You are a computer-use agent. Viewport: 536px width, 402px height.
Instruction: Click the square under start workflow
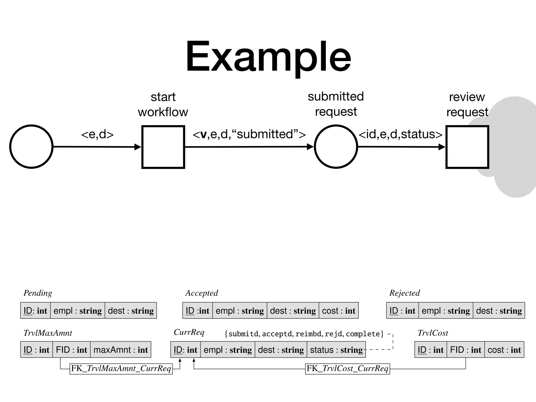coord(163,147)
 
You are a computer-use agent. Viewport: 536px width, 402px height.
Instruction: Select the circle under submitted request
coord(336,147)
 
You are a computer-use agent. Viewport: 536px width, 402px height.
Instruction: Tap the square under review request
coord(467,147)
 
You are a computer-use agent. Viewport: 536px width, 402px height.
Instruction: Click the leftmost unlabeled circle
coord(31,147)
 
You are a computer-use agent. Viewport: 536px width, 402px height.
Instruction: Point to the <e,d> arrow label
coord(97,134)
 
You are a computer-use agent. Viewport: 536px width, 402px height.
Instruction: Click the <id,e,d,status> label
coord(400,134)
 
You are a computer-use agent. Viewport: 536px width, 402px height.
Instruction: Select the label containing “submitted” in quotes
coord(249,134)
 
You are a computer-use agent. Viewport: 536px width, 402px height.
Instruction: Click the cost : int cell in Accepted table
coord(339,311)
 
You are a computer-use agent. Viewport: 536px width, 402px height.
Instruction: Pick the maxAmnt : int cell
coord(121,350)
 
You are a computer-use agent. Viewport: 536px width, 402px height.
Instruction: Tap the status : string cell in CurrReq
coord(336,350)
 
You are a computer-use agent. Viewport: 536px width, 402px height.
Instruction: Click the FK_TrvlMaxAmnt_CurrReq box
coord(121,368)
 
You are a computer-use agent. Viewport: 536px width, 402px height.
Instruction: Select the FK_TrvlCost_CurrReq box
coord(347,368)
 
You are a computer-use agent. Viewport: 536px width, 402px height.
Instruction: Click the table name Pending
coord(38,293)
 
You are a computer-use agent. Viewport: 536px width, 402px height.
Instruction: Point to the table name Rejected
coord(404,293)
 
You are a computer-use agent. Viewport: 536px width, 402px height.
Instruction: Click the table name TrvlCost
coord(433,333)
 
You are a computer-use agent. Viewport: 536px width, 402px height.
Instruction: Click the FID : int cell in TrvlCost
coord(466,350)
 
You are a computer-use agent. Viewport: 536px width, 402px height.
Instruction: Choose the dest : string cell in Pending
coord(131,311)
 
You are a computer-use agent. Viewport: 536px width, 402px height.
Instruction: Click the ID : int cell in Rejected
coord(402,311)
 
